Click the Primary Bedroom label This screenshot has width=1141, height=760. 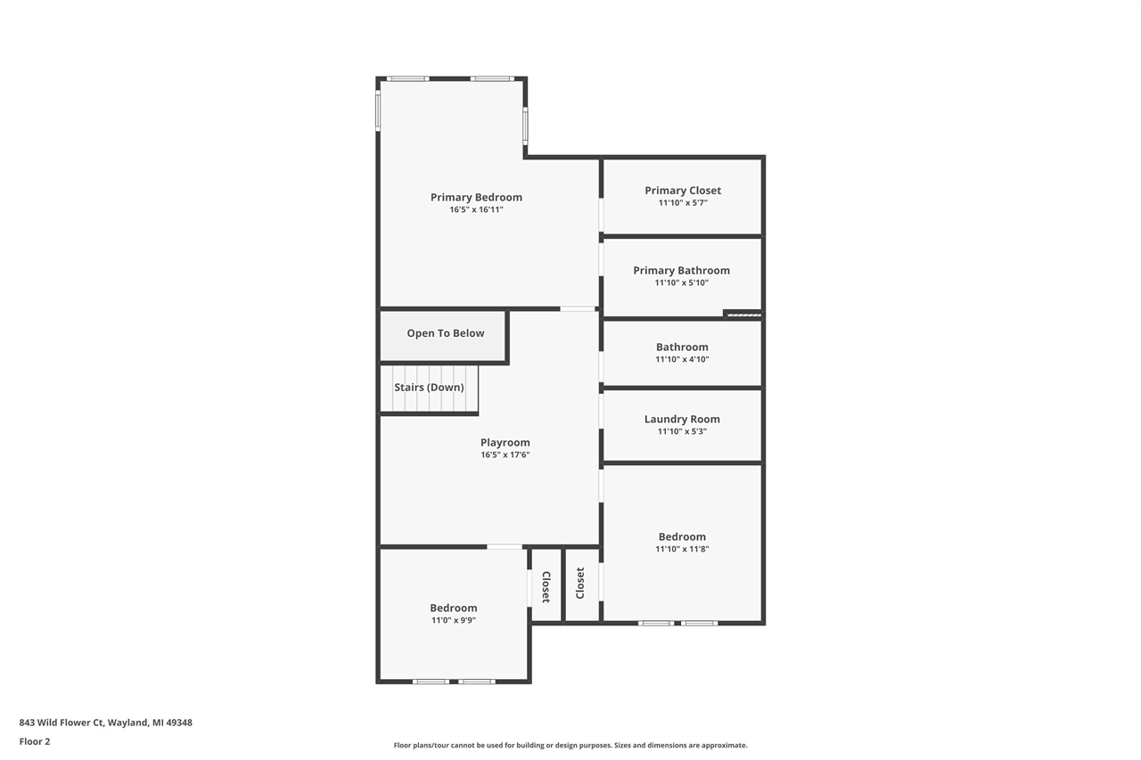(476, 198)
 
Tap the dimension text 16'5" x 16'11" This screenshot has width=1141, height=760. (476, 210)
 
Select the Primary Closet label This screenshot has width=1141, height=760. (683, 191)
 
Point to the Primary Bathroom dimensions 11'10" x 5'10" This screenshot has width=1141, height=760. (682, 283)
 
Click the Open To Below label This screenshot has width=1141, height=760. (446, 333)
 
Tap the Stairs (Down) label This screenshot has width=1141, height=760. (429, 388)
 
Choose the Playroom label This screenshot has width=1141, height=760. (505, 443)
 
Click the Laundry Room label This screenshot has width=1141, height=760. (682, 420)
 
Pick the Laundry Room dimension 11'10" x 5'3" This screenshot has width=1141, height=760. (682, 432)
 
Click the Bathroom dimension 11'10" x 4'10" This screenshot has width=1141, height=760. (682, 360)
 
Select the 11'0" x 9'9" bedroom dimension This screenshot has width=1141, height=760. (454, 621)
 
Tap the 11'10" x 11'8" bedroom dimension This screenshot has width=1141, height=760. (682, 550)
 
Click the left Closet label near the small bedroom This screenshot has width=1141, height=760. (546, 586)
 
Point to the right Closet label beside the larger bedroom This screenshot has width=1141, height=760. (580, 584)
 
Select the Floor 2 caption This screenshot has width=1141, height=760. (35, 741)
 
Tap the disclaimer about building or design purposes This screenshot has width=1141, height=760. (570, 746)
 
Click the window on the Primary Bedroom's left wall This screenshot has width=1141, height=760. (378, 111)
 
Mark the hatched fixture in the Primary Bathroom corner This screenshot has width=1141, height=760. (743, 314)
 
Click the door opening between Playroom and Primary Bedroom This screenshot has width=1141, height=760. (578, 309)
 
